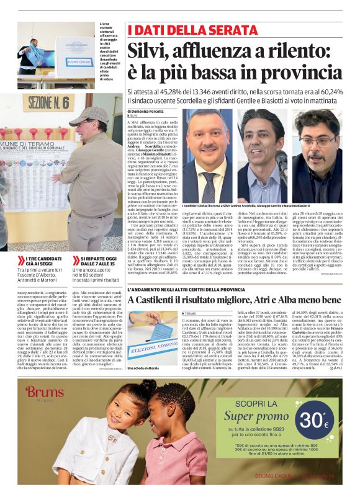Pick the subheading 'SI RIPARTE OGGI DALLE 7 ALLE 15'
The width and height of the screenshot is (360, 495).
pos(94,261)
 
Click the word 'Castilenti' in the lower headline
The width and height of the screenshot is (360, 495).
pos(163,300)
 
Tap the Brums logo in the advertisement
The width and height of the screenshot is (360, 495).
pos(44,392)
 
